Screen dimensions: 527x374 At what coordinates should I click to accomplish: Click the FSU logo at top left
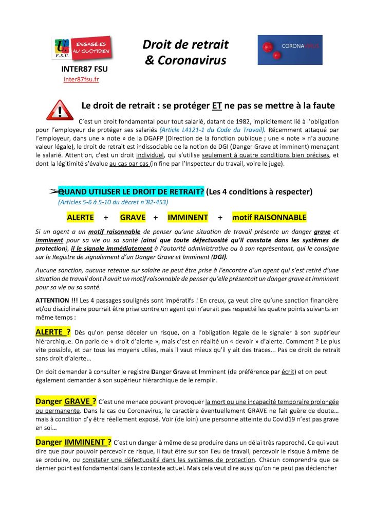[x=63, y=49]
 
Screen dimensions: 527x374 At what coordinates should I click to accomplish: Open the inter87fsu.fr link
[x=81, y=79]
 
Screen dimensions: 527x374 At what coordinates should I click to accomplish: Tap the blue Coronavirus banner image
[x=290, y=50]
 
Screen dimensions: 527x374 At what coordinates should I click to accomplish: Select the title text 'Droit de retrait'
[x=185, y=45]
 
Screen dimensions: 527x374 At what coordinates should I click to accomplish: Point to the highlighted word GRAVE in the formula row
[x=133, y=217]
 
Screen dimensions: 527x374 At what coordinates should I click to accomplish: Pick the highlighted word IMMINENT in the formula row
[x=188, y=217]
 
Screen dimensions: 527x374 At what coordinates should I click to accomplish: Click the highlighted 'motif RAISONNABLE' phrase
[x=269, y=217]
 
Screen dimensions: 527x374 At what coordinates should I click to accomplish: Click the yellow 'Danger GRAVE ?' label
[x=66, y=401]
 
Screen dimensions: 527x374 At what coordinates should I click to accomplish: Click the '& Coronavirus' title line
[x=185, y=61]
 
